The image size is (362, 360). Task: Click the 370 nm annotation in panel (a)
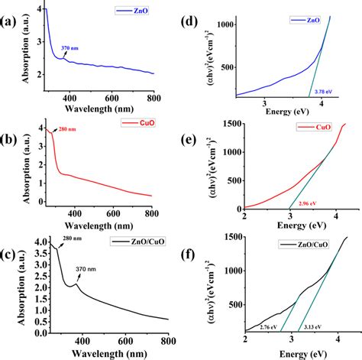tap(70, 47)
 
